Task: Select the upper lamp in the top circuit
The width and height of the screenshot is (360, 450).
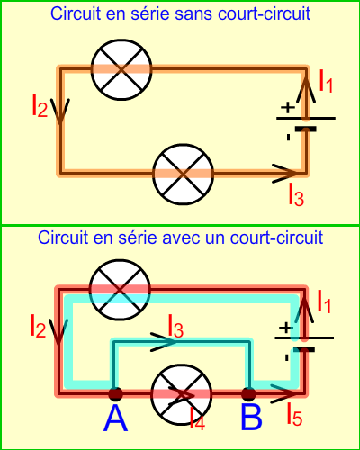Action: coord(121,69)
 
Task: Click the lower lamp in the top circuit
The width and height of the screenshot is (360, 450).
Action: coord(183,175)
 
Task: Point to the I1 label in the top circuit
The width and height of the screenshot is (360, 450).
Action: coord(326,80)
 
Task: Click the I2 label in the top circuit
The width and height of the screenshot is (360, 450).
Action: coord(40,105)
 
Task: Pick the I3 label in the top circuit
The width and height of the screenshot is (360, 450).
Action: coord(296,194)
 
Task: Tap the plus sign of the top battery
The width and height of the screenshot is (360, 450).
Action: coord(287,107)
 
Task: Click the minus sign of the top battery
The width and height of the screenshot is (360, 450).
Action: coord(288,138)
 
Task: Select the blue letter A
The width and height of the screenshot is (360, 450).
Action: coord(115,418)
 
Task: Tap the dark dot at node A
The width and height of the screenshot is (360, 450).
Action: coord(115,393)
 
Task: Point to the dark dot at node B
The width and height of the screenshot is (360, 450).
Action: coord(248,393)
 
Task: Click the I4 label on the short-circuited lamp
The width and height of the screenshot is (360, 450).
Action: coord(197,418)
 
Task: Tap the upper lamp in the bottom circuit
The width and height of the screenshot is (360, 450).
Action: coord(120,290)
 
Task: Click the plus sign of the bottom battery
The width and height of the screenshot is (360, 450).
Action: coord(285,328)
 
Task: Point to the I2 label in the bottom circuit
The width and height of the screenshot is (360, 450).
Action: coord(38,326)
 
